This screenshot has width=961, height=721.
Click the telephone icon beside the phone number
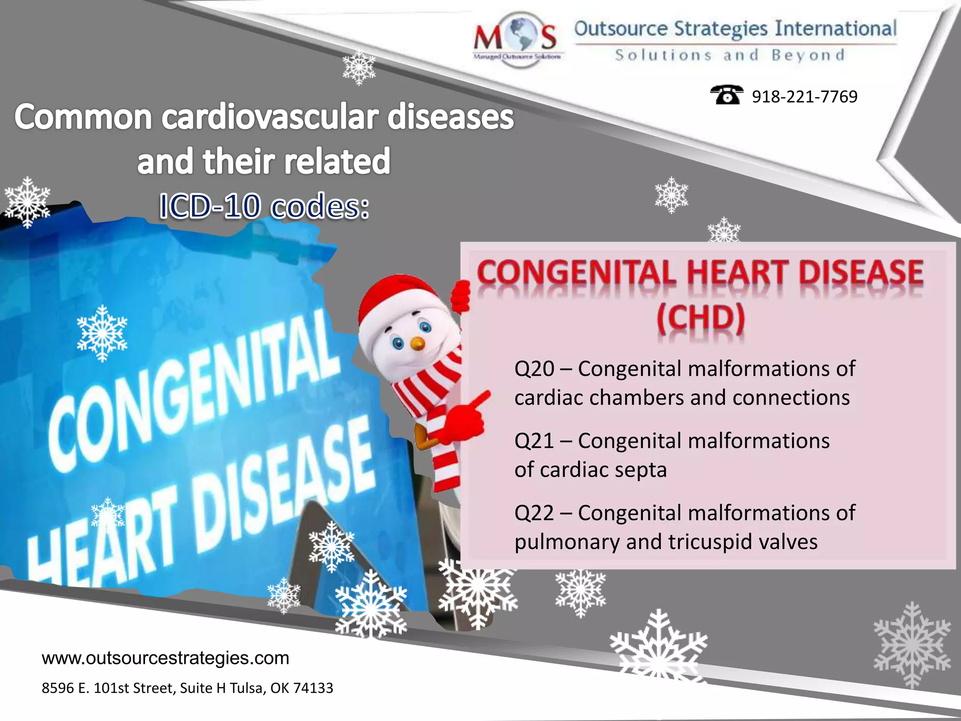pos(726,95)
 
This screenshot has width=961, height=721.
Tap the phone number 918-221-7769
pos(804,97)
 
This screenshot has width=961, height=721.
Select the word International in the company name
pos(835,29)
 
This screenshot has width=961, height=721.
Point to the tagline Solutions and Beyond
pos(730,55)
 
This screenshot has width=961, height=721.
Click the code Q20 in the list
pos(534,369)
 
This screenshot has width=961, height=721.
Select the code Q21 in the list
pos(534,441)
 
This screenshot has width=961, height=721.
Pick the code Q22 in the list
pos(534,513)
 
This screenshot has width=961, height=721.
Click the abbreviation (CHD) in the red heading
pos(700,319)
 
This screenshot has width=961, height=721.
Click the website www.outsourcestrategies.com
pos(165,658)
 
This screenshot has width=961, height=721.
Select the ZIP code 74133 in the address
pos(313,688)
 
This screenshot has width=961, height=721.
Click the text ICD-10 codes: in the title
pos(264,207)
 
